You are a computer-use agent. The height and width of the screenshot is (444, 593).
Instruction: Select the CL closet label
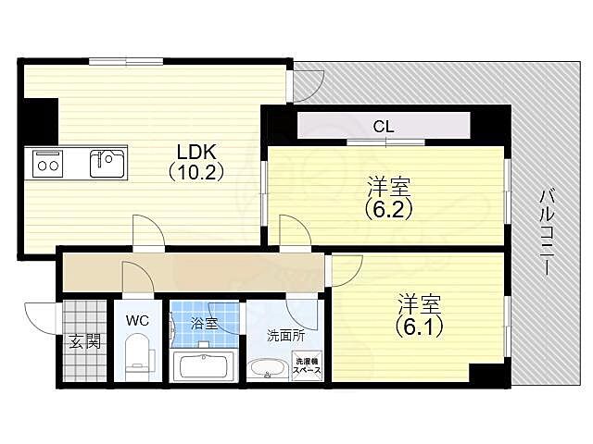coord(383,126)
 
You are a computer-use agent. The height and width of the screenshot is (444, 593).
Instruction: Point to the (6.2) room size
coord(387,208)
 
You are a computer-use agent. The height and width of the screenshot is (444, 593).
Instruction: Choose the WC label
coord(137,321)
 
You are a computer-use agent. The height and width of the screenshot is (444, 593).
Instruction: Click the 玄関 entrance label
coord(83,339)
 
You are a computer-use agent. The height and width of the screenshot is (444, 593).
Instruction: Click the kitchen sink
coord(107,164)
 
